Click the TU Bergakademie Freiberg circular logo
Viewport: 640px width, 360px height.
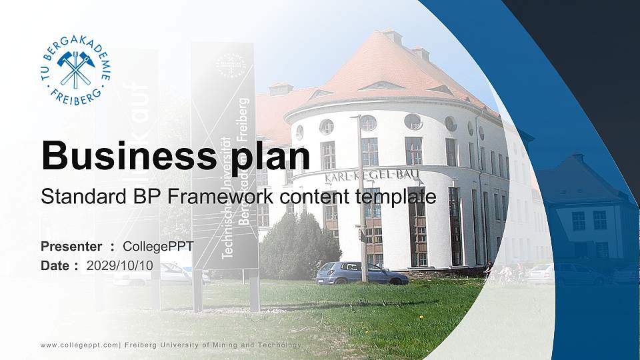click(x=75, y=70)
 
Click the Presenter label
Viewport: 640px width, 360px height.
click(x=71, y=247)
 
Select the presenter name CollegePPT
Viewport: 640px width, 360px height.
click(x=159, y=247)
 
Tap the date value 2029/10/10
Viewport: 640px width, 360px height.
click(x=120, y=265)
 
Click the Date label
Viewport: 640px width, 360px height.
click(x=55, y=265)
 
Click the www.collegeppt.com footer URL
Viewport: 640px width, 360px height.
click(x=79, y=345)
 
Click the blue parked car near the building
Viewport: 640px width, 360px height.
click(x=361, y=273)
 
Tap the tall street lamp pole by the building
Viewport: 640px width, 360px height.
click(x=362, y=200)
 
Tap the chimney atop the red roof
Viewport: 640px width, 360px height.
click(x=392, y=36)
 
